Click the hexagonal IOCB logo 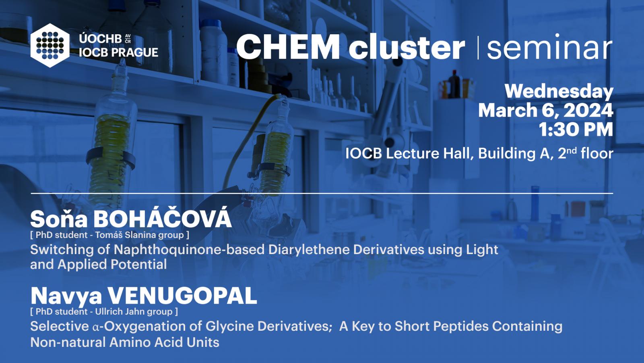coord(50,46)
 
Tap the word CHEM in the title coord(288,47)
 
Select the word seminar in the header coord(549,47)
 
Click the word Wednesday coord(559,92)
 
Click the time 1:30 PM coord(576,129)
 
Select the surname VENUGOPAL coord(182,296)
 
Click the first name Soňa coord(59,219)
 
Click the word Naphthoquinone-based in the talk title coord(189,250)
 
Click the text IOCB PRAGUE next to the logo coord(118,52)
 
